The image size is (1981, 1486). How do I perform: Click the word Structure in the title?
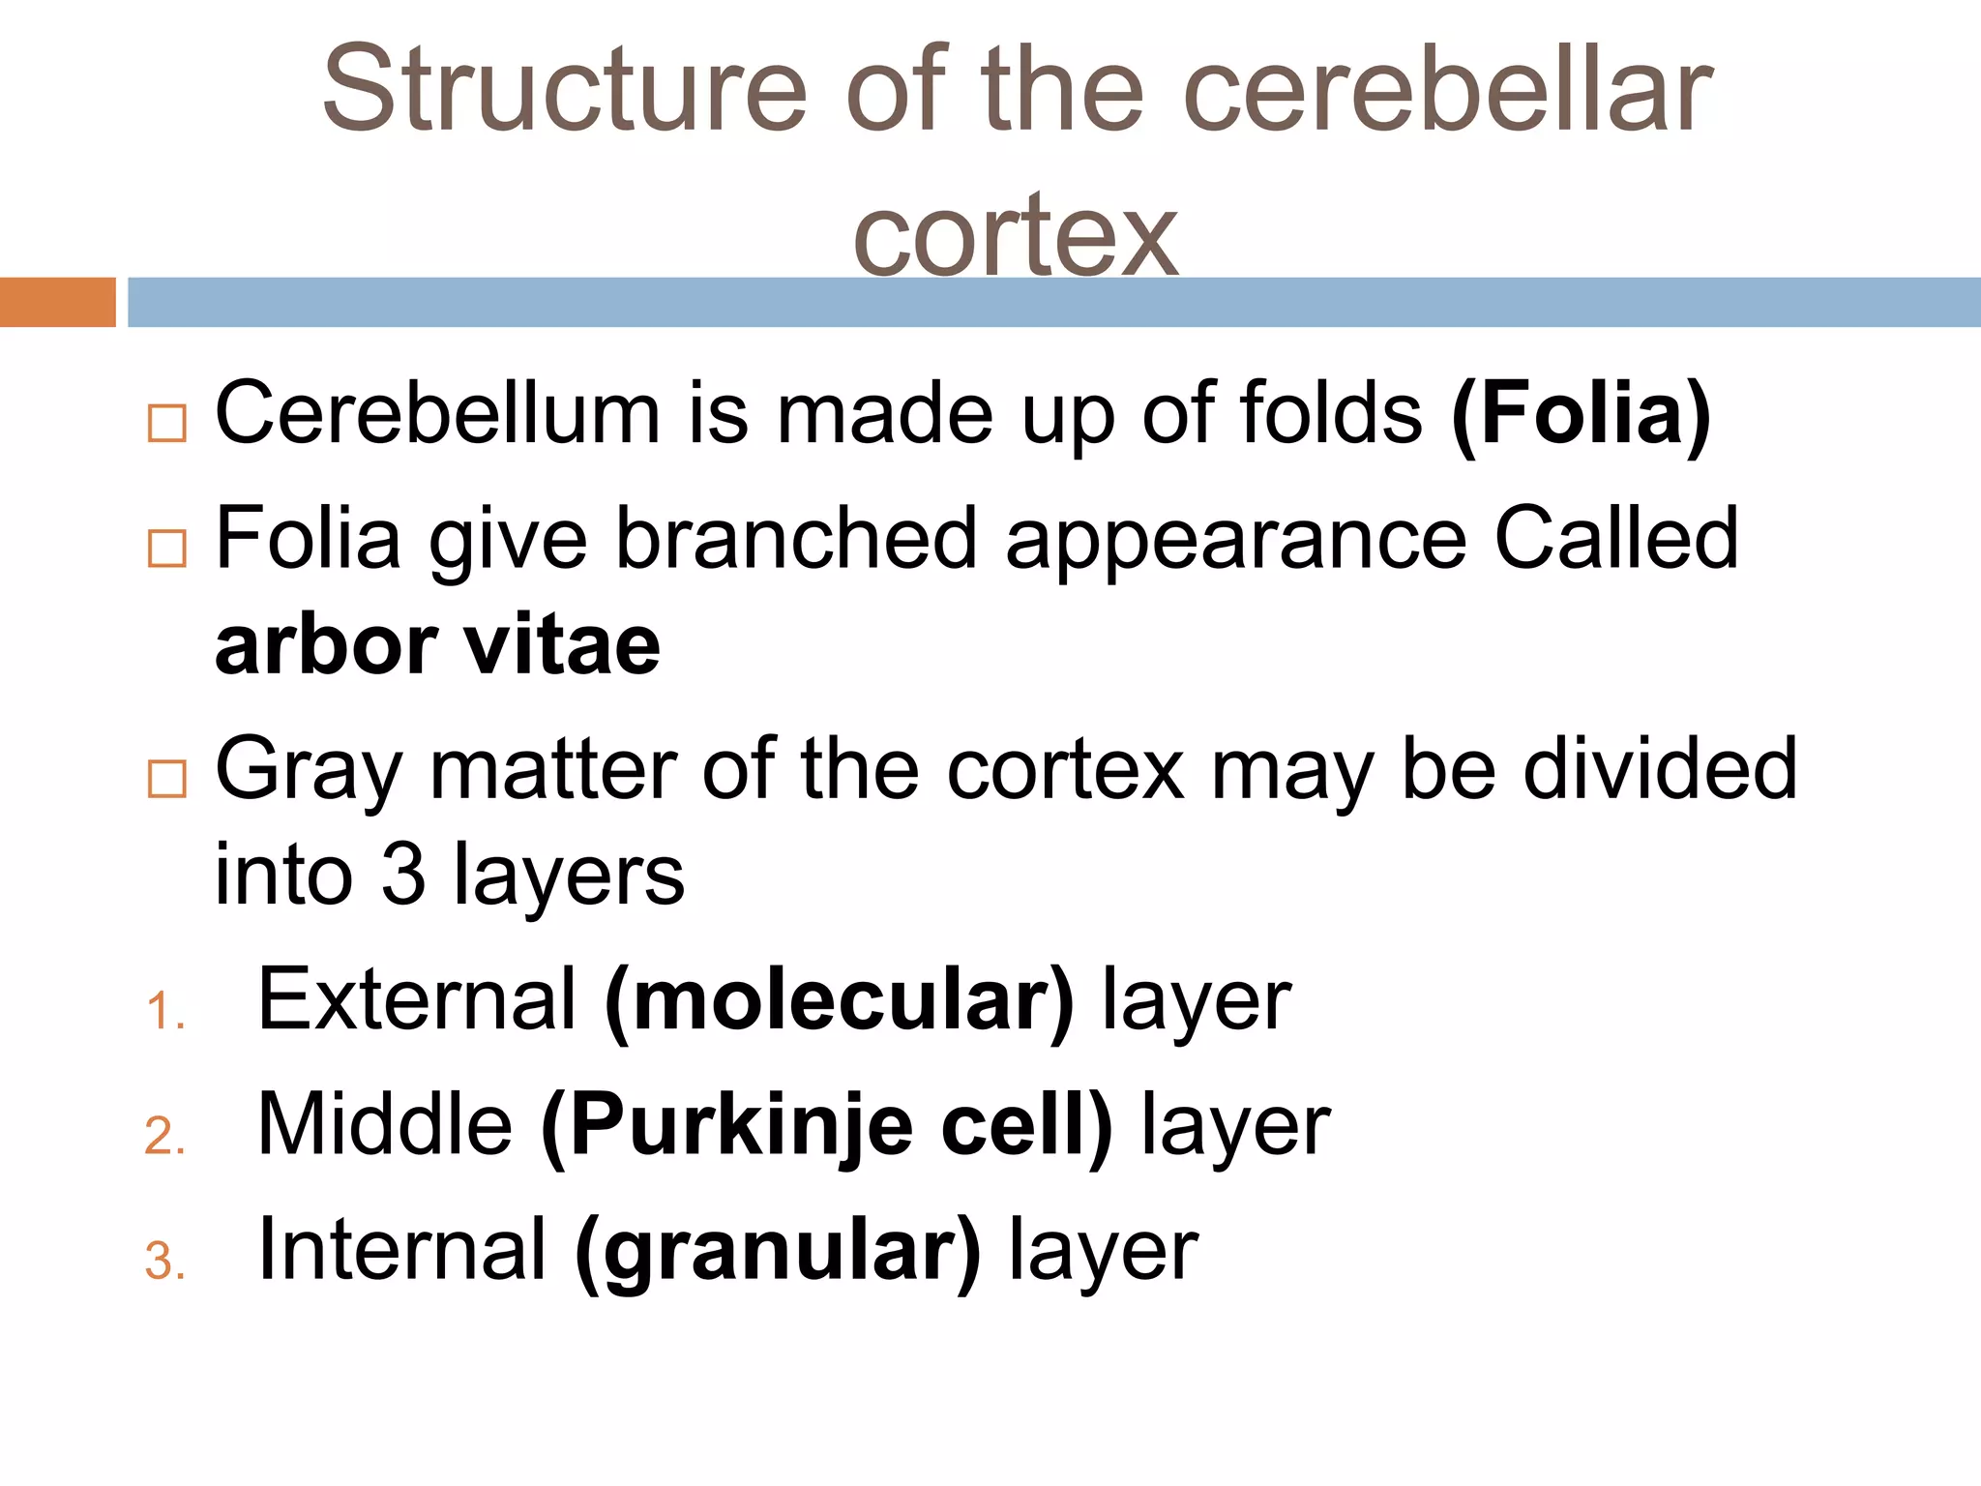point(564,89)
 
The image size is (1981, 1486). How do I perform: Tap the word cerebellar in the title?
point(1447,89)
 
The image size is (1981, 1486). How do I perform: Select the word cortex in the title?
point(1015,236)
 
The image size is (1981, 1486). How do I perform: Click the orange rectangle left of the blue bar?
point(57,302)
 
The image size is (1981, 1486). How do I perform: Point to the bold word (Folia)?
point(1581,414)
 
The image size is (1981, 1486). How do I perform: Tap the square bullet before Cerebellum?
point(166,424)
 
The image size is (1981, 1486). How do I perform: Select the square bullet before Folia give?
point(166,549)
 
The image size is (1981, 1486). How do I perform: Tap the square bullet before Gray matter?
point(166,779)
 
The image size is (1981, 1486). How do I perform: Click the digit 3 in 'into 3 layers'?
point(402,875)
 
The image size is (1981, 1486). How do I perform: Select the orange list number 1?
point(163,1012)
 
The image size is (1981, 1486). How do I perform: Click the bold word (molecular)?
point(839,1000)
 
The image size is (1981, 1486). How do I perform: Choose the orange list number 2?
point(163,1136)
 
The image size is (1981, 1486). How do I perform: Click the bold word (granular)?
point(778,1251)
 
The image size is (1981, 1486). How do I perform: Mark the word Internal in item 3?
point(402,1250)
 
